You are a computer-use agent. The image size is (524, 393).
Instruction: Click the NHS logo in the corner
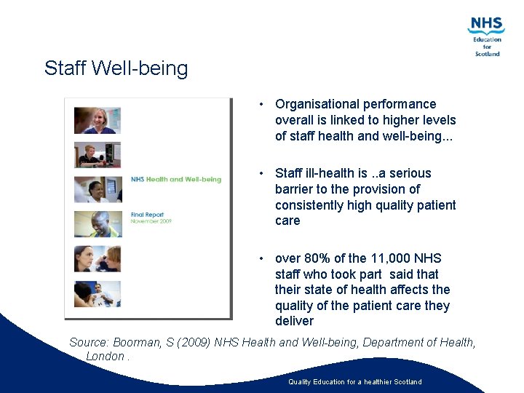[x=486, y=26]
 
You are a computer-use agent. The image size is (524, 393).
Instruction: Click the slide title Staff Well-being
[x=116, y=68]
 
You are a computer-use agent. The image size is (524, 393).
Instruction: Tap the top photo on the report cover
[x=97, y=120]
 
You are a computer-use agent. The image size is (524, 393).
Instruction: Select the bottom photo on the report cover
[x=97, y=293]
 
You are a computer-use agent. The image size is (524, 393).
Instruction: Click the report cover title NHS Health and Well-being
[x=175, y=179]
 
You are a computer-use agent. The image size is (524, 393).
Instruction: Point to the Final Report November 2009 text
[x=149, y=218]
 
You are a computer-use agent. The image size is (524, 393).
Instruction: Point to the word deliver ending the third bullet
[x=294, y=321]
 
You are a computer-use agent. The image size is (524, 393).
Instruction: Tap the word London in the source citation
[x=105, y=356]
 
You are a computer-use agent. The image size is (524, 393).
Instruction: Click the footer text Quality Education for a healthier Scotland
[x=354, y=382]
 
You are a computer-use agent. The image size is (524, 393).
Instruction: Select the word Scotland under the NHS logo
[x=487, y=54]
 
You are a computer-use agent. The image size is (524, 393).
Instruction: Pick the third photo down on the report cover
[x=97, y=189]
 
